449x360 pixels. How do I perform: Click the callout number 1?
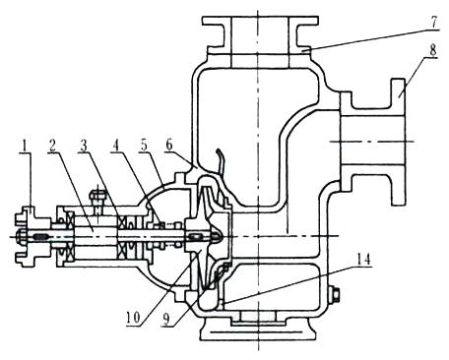24,146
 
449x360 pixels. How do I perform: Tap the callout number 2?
52,146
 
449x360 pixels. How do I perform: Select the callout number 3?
85,146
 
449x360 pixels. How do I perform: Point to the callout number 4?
114,146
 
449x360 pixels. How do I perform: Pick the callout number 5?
144,146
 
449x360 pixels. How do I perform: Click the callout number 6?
169,146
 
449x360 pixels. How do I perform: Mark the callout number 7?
433,22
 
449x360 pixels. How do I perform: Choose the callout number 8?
433,50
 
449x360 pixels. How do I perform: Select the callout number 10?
134,317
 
